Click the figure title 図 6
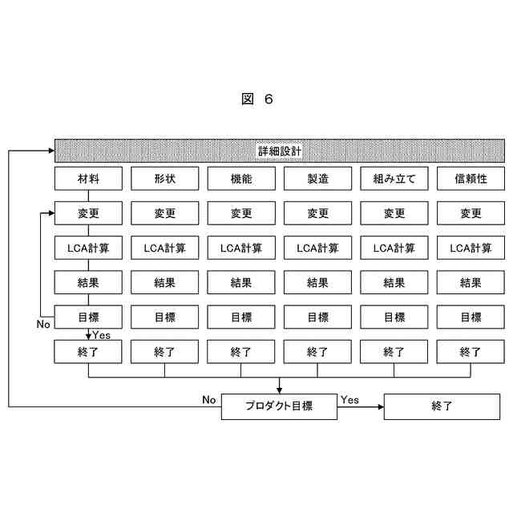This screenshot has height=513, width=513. pos(256,99)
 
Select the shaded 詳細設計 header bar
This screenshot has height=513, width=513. pos(279,150)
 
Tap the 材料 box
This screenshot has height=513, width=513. pos(88,178)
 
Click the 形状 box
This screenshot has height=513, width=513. pos(165,178)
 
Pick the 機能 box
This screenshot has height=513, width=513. pos(241,178)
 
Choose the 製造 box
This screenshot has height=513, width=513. pos(317,178)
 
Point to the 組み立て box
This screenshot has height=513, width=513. pos(394,178)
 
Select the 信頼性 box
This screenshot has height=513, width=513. pos(471,178)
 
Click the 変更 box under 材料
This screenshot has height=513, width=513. pos(88,213)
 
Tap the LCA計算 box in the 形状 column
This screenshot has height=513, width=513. pos(165,248)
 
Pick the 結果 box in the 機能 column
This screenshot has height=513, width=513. pos(241,282)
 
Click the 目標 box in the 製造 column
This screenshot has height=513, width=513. pos(317,317)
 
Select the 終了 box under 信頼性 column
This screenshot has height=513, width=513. pos(471,351)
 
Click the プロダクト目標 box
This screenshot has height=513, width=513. pos(278,406)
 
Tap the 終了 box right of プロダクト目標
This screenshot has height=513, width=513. pos(442,406)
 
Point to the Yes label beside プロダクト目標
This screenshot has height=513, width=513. pos(349,399)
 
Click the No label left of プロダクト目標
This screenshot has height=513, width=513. pos(209,399)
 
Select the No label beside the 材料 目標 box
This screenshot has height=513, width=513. pos(43,325)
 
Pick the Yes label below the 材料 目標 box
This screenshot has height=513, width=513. pos(102,334)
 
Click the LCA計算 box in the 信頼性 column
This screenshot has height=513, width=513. pos(471,248)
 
